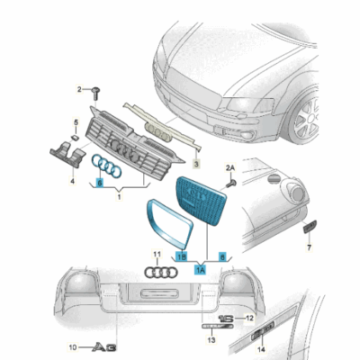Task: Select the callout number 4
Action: (x=73, y=180)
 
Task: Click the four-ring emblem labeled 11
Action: (x=162, y=273)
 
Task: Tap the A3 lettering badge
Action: (x=105, y=346)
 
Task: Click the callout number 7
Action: (x=309, y=244)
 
